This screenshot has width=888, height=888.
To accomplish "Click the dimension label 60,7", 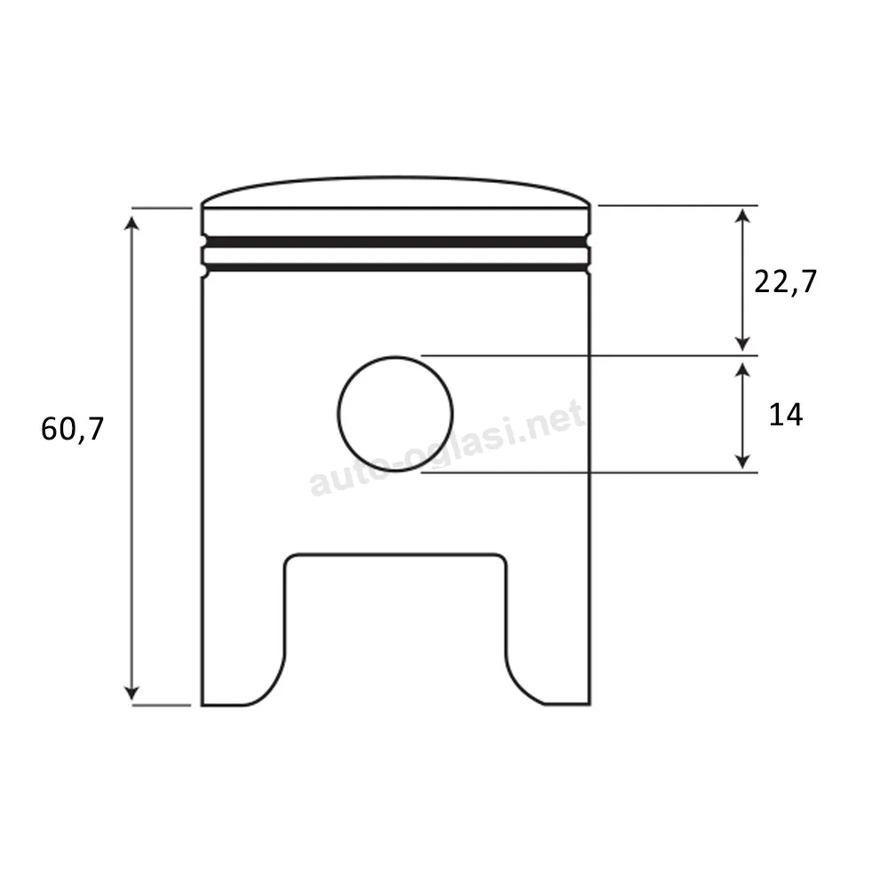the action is (73, 429).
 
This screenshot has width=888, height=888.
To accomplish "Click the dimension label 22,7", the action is (786, 281).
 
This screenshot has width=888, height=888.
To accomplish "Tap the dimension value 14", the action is (786, 415).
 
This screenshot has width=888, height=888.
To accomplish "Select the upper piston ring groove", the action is (396, 242).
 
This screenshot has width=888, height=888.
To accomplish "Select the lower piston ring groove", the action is (396, 267).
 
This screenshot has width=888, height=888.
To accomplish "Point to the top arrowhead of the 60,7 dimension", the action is (131, 223).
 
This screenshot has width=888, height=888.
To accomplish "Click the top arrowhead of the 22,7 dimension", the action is (742, 215).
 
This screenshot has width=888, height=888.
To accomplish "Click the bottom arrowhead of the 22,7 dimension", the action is (742, 343).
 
